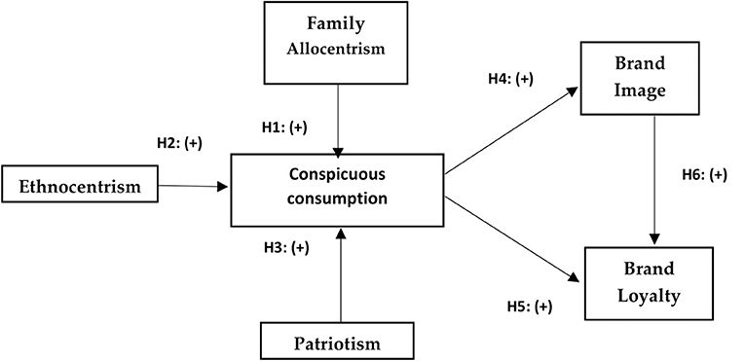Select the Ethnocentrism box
pyautogui.click(x=80, y=184)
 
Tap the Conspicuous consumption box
pyautogui.click(x=336, y=188)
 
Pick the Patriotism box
pyautogui.click(x=336, y=341)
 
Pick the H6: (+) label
pyautogui.click(x=704, y=175)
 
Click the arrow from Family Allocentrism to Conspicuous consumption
pyautogui.click(x=337, y=117)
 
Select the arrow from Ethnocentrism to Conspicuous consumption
pyautogui.click(x=193, y=185)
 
